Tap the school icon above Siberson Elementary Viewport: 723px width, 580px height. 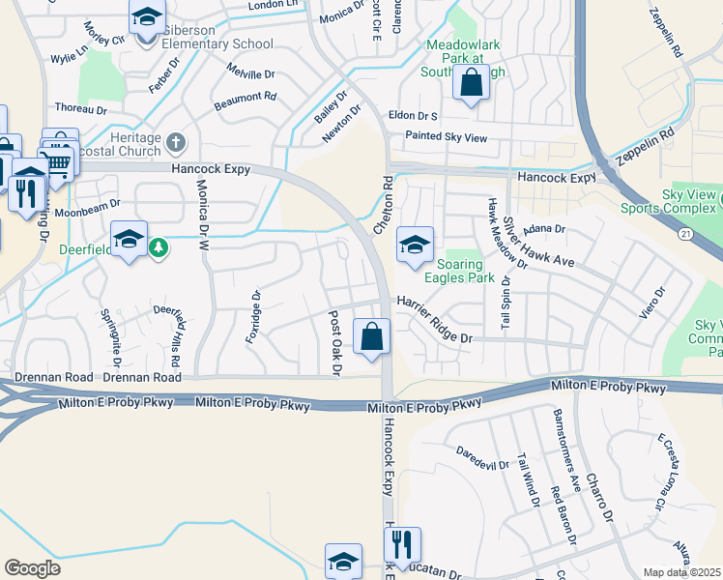[147, 17]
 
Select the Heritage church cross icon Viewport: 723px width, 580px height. [175, 144]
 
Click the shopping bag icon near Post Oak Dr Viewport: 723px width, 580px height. [371, 336]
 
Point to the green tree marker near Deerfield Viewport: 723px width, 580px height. [159, 248]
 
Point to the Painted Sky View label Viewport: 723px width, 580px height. [446, 138]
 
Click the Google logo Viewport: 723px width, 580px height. [32, 568]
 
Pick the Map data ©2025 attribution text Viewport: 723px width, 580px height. [682, 572]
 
